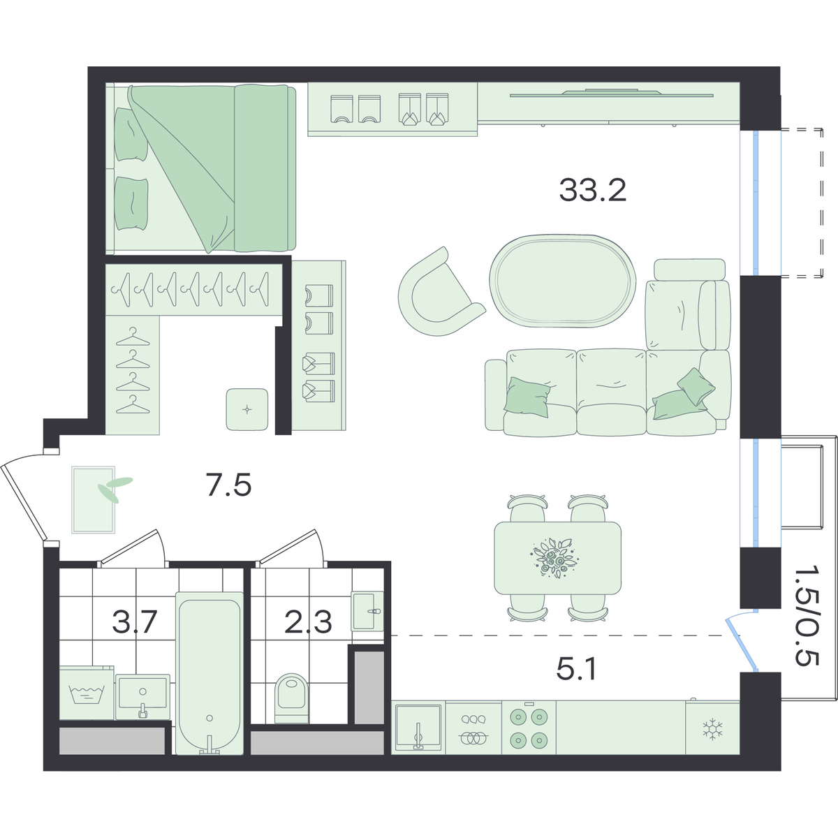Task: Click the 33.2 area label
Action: tap(592, 191)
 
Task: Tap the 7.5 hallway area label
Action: tap(229, 485)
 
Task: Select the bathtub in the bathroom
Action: tap(209, 672)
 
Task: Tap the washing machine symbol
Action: tap(87, 693)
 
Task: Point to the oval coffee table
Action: tap(563, 281)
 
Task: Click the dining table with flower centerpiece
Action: tap(557, 558)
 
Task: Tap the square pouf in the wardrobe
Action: tap(247, 409)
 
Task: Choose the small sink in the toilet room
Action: tap(367, 612)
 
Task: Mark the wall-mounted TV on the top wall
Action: tap(612, 94)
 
